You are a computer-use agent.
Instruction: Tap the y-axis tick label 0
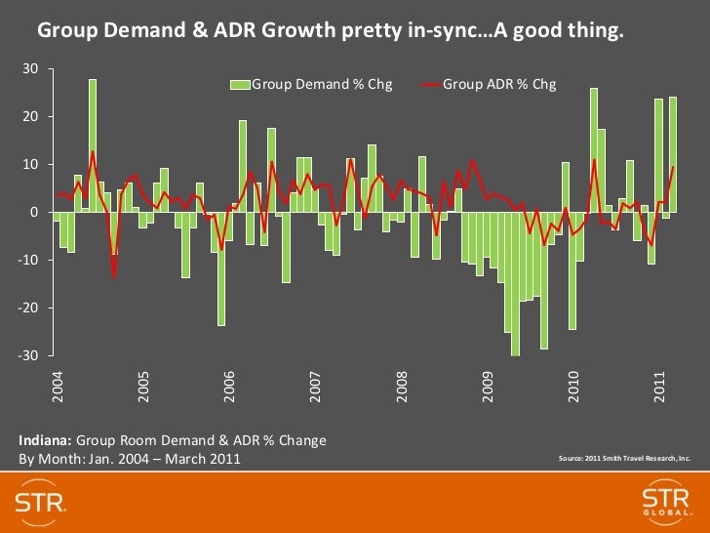coord(33,213)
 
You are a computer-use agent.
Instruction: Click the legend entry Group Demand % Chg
coord(322,85)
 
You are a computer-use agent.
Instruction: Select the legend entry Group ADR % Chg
coord(499,85)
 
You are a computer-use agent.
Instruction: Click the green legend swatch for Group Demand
coord(240,85)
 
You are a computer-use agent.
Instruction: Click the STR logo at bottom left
coord(40,502)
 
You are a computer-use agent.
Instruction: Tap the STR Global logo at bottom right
coord(666,502)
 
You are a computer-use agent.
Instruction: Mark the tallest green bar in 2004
coord(93,145)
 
